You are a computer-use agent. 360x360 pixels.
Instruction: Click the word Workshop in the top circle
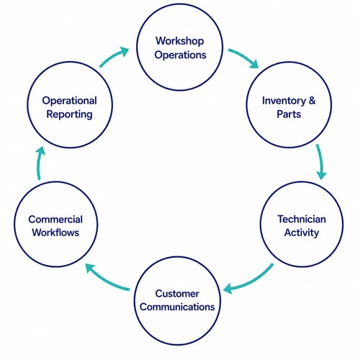click(180, 41)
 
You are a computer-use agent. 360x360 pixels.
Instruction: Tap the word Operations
click(180, 55)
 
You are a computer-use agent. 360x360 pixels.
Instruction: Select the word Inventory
click(284, 101)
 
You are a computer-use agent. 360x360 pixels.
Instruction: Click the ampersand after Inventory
click(312, 100)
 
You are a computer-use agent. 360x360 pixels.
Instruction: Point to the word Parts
click(289, 114)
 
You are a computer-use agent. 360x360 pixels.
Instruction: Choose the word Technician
click(302, 219)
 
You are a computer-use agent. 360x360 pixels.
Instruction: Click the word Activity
click(302, 233)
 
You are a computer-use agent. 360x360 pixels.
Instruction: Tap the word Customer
click(177, 294)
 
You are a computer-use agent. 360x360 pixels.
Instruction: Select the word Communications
click(177, 307)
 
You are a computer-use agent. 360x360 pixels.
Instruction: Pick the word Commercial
click(55, 220)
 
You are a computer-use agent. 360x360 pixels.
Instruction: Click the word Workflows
click(55, 233)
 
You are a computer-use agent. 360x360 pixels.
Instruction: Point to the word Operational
click(70, 101)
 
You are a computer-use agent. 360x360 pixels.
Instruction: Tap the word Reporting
click(69, 114)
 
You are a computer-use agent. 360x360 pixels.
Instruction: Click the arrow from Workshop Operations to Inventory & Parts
click(244, 56)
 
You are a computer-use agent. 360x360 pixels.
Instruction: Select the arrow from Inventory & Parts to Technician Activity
click(320, 161)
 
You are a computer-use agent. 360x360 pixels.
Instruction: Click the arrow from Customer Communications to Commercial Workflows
click(106, 280)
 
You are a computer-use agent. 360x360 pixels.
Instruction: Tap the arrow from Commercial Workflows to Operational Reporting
click(38, 163)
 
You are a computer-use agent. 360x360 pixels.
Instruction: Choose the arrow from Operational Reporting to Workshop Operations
click(113, 55)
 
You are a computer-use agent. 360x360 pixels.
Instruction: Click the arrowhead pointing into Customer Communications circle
click(228, 289)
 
